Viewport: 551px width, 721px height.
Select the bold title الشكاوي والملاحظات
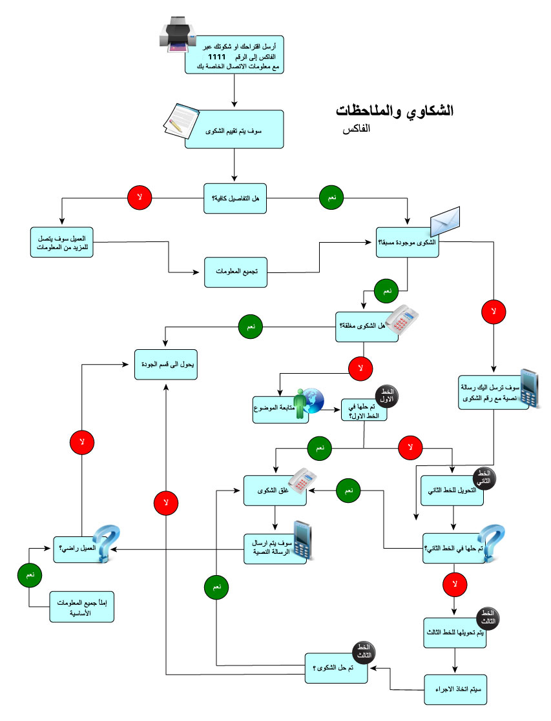395,111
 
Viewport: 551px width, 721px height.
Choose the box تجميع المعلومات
236,272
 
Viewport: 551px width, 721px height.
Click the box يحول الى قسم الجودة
166,364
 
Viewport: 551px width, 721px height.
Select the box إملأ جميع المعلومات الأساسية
82,605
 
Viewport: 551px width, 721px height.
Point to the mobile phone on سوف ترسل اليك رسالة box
531,388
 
